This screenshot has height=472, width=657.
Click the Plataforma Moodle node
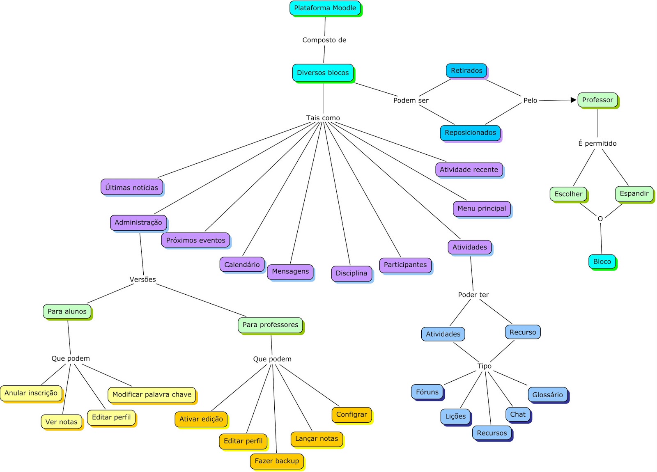[325, 8]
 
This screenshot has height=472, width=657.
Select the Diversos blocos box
[323, 73]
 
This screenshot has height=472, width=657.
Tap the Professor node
[597, 100]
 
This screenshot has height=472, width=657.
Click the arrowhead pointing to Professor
[574, 100]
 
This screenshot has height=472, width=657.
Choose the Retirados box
[466, 71]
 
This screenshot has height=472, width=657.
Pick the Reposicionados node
[470, 133]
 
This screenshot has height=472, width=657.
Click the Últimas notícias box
[131, 187]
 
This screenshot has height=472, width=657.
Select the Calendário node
[242, 265]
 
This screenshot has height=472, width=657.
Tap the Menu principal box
[482, 209]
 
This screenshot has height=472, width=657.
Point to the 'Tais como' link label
[323, 118]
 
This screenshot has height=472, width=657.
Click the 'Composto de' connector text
[324, 40]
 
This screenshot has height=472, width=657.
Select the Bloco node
[602, 261]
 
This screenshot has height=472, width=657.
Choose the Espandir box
[634, 194]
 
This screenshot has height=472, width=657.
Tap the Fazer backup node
[277, 461]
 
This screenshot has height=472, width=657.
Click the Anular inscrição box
[31, 393]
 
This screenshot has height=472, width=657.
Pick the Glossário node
[547, 395]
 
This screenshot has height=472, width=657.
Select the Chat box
[518, 415]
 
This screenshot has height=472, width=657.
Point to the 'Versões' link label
[143, 280]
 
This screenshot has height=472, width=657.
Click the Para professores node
[270, 325]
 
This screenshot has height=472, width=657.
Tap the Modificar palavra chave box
[152, 394]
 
